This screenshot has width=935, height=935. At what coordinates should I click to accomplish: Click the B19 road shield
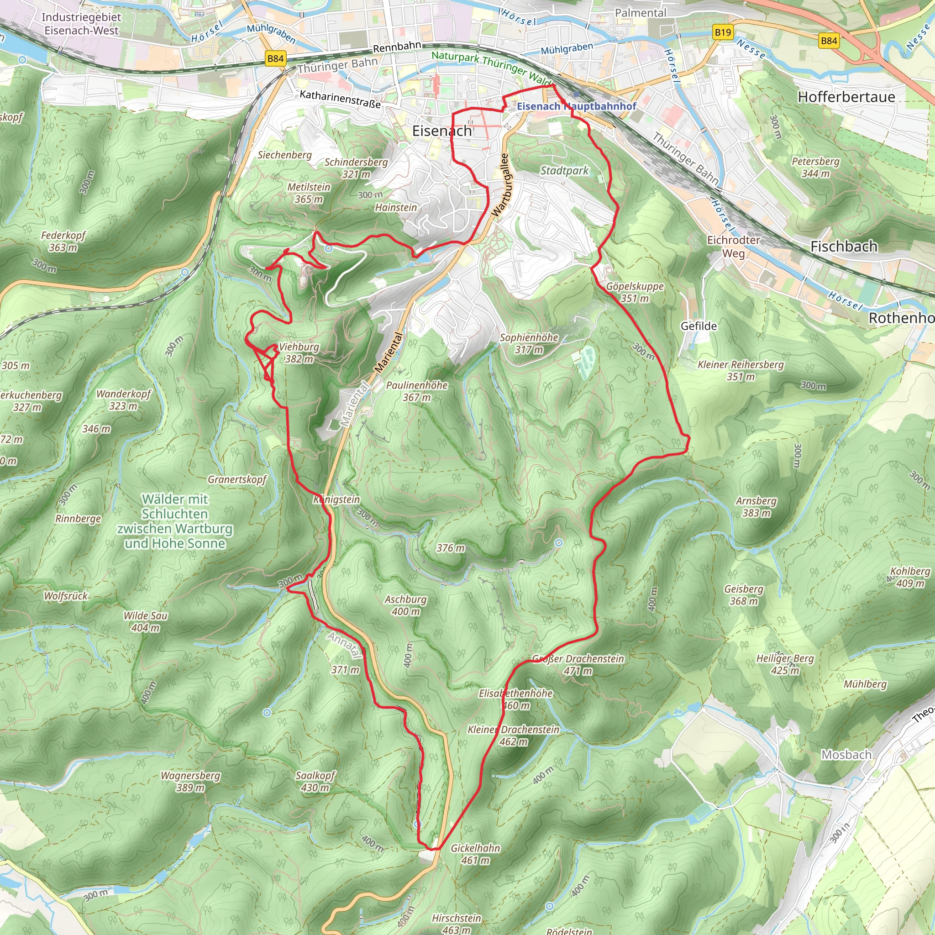(723, 32)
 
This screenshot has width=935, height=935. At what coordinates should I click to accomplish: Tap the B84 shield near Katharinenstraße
(275, 58)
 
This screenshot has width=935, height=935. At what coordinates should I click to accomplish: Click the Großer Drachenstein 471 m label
(578, 664)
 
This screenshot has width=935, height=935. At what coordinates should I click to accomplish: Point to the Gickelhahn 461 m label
(475, 854)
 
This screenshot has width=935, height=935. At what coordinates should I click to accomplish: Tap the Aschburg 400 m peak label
(405, 605)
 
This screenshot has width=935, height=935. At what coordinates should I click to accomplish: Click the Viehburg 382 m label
(299, 352)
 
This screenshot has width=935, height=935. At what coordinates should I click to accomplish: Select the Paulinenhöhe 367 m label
(417, 391)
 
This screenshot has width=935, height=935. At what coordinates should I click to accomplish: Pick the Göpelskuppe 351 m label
(635, 292)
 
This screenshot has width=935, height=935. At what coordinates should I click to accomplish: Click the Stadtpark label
(564, 170)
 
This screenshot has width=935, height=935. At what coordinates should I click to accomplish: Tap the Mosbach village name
(846, 755)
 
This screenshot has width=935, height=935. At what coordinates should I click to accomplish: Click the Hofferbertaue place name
(846, 97)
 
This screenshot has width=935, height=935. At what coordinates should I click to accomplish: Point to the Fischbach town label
(844, 247)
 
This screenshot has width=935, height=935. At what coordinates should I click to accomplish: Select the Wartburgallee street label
(501, 185)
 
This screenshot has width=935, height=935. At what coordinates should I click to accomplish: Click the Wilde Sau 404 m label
(145, 621)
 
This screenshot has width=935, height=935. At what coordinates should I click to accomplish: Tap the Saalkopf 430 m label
(315, 781)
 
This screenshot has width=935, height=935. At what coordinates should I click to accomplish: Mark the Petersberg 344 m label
(815, 167)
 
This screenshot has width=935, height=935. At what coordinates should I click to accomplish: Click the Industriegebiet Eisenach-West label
(81, 24)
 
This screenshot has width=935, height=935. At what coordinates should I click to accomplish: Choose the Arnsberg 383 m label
(756, 507)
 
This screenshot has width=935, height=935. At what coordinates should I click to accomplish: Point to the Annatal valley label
(345, 645)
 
